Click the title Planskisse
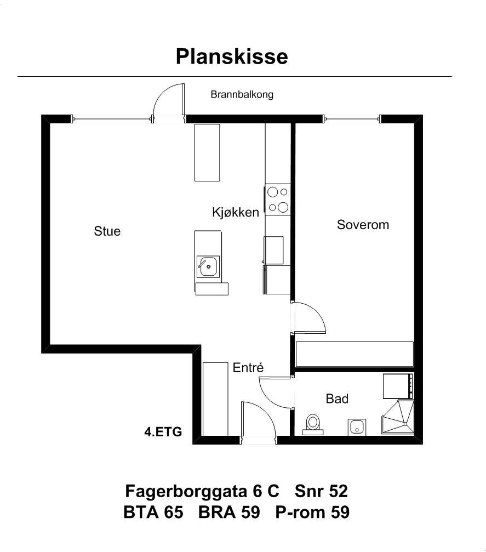click(x=231, y=56)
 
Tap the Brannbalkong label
click(x=242, y=94)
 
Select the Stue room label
click(x=107, y=231)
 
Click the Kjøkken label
click(x=235, y=212)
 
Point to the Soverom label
click(x=362, y=225)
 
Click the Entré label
click(x=248, y=368)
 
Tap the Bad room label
click(x=337, y=399)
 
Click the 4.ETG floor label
click(x=163, y=431)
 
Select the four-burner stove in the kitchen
click(x=278, y=200)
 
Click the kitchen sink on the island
click(x=208, y=267)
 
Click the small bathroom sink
click(x=357, y=426)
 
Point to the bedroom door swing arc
click(x=311, y=317)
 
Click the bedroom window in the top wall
click(x=352, y=118)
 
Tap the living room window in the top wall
click(x=112, y=118)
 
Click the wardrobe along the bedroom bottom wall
click(x=354, y=354)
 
